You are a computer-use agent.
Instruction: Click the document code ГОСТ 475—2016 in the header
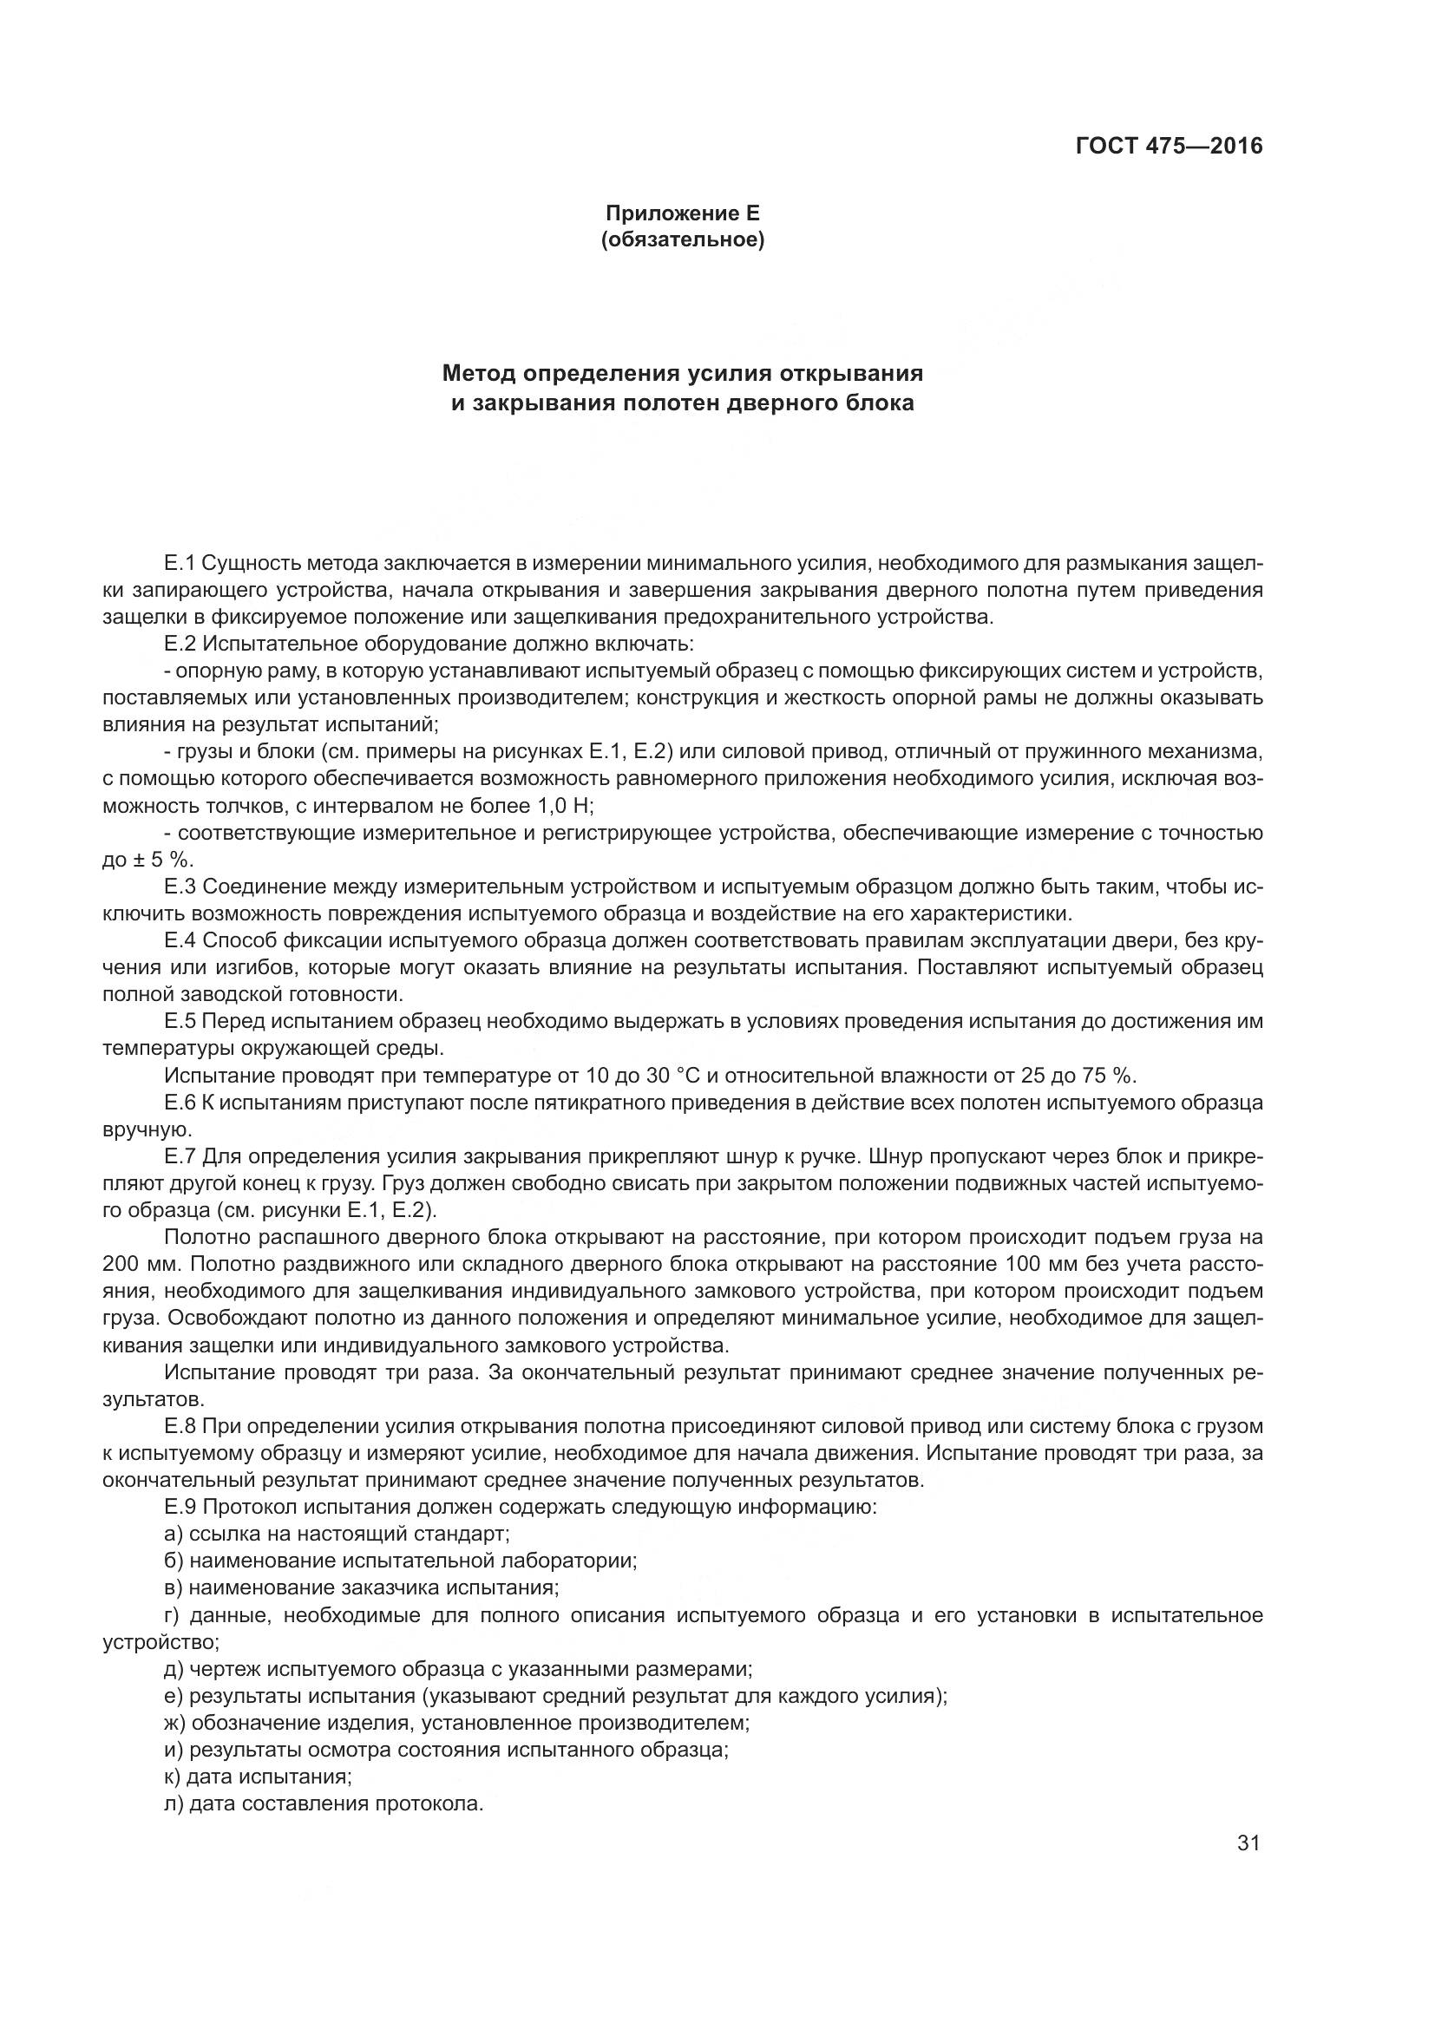(x=1169, y=146)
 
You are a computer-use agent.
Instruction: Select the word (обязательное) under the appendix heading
(x=681, y=239)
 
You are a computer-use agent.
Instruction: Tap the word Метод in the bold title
(x=479, y=373)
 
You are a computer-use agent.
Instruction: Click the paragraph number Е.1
(x=178, y=563)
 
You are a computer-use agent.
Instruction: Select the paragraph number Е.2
(x=178, y=644)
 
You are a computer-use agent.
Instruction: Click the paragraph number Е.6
(x=179, y=1102)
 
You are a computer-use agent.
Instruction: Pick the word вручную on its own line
(x=146, y=1129)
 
